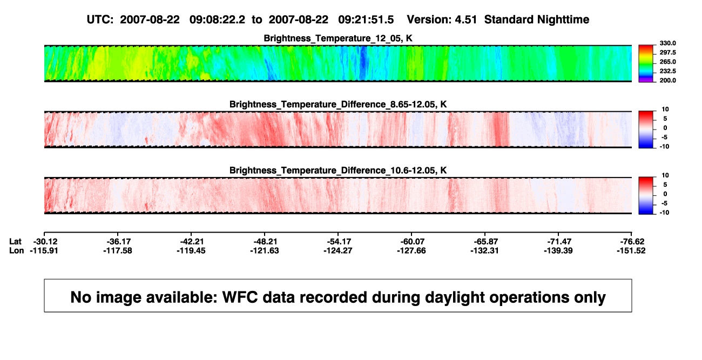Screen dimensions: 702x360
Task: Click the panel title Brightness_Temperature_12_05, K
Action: point(338,38)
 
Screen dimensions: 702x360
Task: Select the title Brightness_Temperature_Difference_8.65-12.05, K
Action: point(338,104)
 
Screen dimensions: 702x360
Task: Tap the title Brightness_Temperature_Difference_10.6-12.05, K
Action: point(338,171)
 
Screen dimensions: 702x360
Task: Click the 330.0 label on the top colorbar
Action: point(667,43)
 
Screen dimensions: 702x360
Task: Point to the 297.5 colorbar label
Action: point(667,52)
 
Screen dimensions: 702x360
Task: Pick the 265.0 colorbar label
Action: point(667,62)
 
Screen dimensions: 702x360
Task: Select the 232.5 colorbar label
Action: point(667,71)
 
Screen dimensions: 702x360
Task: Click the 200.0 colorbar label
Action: point(667,80)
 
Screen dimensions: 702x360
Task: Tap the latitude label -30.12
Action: point(45,242)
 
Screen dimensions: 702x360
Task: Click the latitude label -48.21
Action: point(265,242)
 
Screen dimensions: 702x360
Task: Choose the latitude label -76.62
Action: point(632,242)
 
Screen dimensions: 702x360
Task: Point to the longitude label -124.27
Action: point(338,250)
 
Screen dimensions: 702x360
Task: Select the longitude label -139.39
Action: point(558,250)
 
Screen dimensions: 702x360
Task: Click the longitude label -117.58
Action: point(118,250)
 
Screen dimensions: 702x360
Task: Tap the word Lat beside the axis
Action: point(15,242)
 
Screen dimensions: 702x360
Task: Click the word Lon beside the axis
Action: point(17,250)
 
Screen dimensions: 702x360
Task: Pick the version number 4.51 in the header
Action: point(466,20)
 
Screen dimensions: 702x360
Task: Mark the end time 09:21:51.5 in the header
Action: point(366,20)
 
